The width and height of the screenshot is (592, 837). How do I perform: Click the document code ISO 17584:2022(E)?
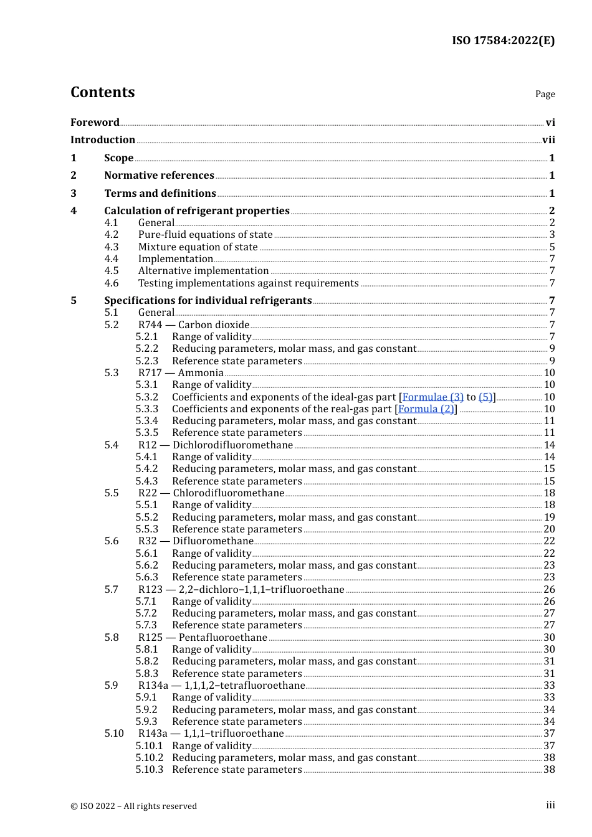503,40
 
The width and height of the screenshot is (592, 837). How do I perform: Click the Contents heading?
102,92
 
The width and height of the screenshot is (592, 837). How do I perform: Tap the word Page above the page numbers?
545,94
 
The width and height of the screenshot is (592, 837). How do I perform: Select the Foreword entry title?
95,122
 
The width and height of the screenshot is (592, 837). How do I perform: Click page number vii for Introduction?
548,140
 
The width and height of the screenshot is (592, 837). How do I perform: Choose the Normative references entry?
159,176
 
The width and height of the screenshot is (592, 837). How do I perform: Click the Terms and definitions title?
160,194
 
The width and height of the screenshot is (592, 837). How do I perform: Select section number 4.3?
112,247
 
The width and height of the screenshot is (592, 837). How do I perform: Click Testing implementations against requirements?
248,283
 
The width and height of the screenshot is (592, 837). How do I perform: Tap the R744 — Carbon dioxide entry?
194,325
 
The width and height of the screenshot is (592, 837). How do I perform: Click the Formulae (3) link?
432,397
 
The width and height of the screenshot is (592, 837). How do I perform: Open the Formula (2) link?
426,409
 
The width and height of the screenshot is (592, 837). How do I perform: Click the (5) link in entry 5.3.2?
485,397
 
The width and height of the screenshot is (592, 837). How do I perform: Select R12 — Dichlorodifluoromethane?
216,445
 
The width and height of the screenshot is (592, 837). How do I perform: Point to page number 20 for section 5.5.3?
549,529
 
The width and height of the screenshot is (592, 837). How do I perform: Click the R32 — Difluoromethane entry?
196,541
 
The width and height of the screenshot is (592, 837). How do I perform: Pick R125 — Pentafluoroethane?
203,638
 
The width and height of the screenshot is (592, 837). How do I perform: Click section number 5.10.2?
150,758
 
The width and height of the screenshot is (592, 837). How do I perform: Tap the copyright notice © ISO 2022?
133,806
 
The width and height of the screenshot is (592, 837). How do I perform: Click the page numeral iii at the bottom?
550,805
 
